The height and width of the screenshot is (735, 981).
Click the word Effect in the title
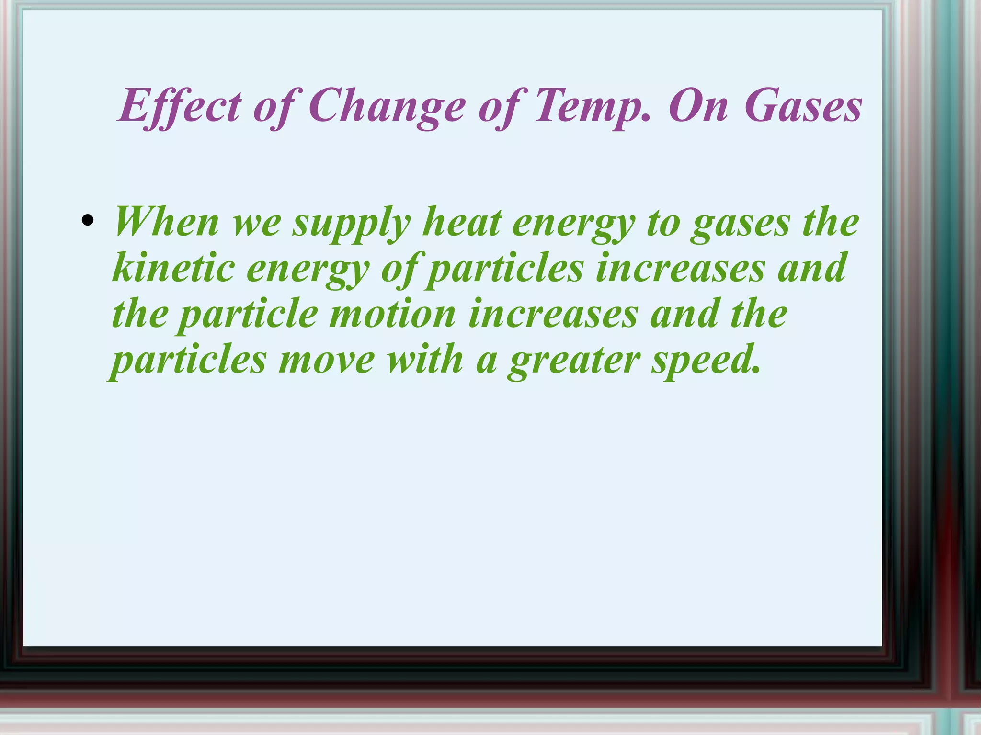click(x=180, y=106)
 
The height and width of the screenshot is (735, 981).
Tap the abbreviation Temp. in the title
click(x=592, y=106)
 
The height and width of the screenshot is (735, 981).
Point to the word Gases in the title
click(x=803, y=106)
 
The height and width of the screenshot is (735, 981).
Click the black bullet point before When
click(x=87, y=221)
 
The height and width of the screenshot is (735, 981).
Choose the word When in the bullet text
click(x=166, y=222)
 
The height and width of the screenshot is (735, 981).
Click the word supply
click(x=352, y=224)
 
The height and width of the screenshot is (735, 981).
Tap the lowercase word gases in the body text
click(x=740, y=224)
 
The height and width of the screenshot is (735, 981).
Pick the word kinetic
click(x=173, y=268)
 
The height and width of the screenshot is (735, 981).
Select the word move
click(x=326, y=360)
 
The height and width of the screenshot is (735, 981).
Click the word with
click(x=425, y=360)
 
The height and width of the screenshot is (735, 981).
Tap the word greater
click(x=574, y=361)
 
